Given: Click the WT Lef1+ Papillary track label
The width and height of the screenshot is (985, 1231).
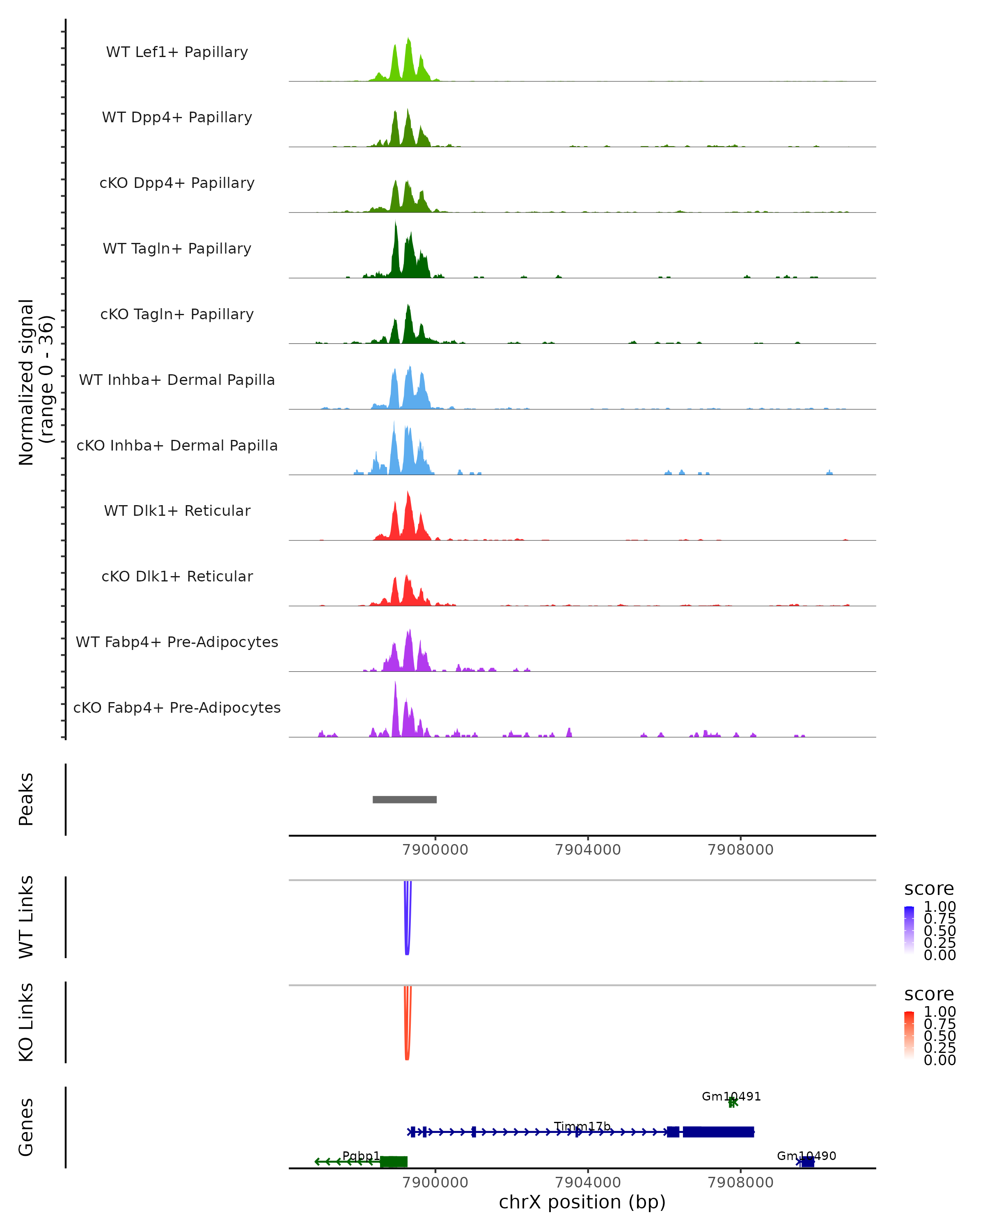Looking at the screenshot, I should point(177,52).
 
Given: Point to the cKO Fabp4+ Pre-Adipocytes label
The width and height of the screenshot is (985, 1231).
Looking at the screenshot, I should point(177,707).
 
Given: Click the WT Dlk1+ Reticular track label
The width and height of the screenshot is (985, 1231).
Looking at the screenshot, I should point(177,510).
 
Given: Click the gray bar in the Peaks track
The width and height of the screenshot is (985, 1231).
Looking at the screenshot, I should point(404,799).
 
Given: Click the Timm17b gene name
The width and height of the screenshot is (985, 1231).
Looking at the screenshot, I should point(582,1126).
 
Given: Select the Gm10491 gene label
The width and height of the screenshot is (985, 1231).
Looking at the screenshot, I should point(731,1096).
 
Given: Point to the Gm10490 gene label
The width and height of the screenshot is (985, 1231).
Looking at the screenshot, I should point(806,1155).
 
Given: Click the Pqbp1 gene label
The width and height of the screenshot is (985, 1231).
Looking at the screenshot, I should point(361,1155).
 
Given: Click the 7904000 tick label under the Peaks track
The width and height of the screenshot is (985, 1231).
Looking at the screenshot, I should point(588,850).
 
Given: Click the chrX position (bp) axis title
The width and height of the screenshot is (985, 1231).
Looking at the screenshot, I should point(582,1202).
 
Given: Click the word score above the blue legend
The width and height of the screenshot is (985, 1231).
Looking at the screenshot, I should point(929,889).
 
